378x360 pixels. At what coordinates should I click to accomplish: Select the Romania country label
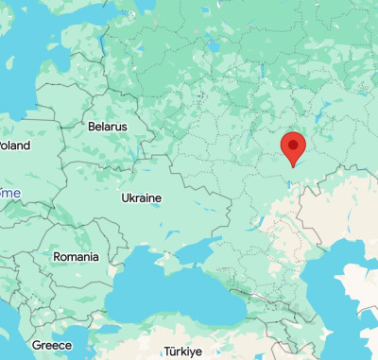(76, 257)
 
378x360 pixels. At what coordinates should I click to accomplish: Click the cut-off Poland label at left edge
(14, 146)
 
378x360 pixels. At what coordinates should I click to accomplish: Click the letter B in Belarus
(91, 126)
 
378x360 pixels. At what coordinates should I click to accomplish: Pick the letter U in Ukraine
(125, 198)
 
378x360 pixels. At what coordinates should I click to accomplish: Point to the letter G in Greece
(36, 346)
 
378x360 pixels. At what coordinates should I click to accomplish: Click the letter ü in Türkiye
(171, 351)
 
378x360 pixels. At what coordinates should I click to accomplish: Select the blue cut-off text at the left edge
(10, 192)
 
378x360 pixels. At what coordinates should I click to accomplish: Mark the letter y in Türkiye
(192, 352)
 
